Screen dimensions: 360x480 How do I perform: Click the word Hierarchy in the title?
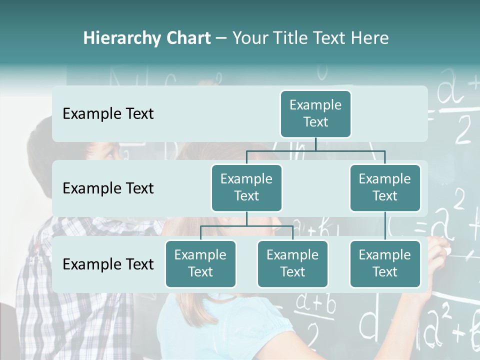point(115,38)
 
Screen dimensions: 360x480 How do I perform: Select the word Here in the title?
point(370,38)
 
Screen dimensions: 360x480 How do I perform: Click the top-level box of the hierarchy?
point(315,113)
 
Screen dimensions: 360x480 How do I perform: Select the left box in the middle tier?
point(246,187)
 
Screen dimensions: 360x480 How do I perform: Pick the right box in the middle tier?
point(385,187)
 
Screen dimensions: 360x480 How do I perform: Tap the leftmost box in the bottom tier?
point(200,263)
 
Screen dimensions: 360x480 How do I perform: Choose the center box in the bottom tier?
point(292,263)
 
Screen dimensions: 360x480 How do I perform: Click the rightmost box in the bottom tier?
point(385,263)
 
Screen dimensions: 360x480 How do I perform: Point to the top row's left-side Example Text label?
point(108,114)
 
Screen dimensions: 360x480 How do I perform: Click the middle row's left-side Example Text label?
point(108,188)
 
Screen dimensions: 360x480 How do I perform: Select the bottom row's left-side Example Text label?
point(108,264)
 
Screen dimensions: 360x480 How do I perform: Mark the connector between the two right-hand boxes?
point(385,226)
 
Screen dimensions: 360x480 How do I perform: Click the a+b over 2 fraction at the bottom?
point(315,315)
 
